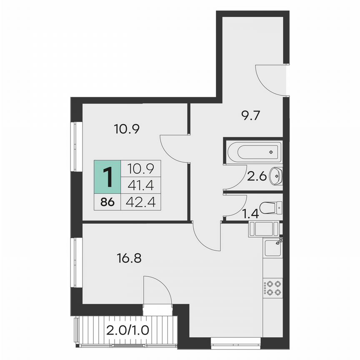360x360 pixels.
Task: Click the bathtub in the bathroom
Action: click(x=253, y=152)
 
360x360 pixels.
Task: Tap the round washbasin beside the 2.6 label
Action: click(x=276, y=176)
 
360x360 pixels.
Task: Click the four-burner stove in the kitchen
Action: click(x=272, y=288)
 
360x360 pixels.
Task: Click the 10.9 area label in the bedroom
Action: click(x=126, y=129)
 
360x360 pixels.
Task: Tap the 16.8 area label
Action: click(x=129, y=258)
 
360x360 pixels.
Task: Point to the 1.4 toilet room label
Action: click(x=251, y=215)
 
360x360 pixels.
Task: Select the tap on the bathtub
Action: click(x=271, y=152)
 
